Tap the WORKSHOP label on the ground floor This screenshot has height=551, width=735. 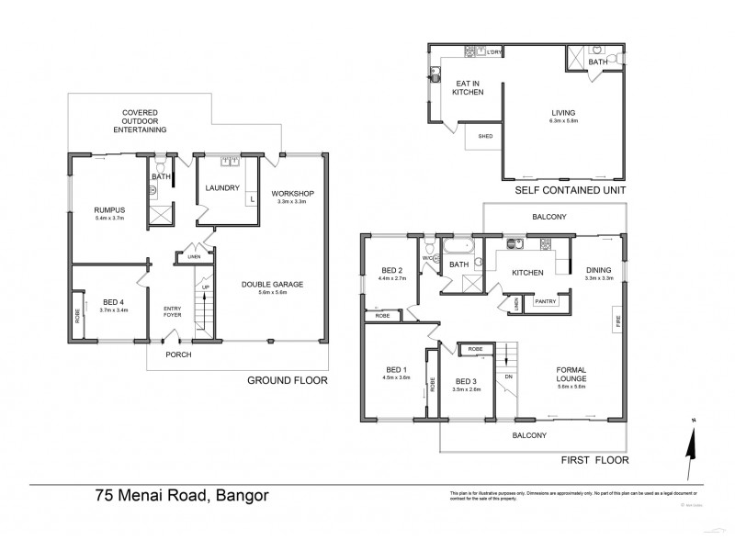(293, 193)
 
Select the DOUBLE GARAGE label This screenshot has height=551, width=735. (272, 284)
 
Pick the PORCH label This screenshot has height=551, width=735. (178, 354)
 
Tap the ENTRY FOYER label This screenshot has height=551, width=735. (173, 311)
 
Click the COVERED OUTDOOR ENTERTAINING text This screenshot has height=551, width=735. (143, 121)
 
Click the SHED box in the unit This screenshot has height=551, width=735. (485, 137)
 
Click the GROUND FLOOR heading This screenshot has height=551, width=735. (288, 378)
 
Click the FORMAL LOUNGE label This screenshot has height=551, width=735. (578, 377)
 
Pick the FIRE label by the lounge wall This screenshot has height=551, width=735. (617, 322)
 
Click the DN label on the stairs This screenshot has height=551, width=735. (506, 377)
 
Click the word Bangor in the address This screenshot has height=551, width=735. (243, 497)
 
